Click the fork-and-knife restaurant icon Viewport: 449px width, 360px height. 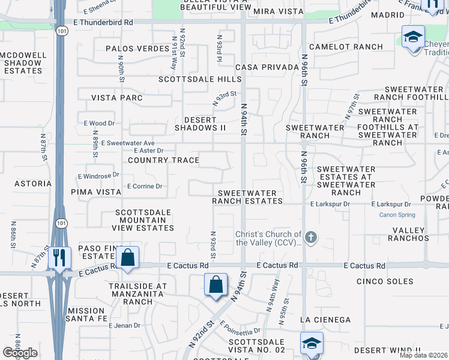tap(59, 257)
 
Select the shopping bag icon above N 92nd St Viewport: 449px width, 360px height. tap(215, 284)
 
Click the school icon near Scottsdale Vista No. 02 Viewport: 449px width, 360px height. tap(312, 344)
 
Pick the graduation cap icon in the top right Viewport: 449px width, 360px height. tap(413, 37)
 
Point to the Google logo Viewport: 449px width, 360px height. tap(20, 353)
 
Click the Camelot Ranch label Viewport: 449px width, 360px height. tap(346, 47)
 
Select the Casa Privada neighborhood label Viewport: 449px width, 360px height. tap(267, 67)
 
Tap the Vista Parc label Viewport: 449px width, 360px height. tap(117, 98)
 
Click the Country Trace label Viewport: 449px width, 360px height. tap(163, 160)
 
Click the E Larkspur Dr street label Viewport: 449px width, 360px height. tap(330, 205)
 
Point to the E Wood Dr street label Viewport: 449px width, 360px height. tap(99, 123)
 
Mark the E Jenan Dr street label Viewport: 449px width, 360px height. tap(124, 325)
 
